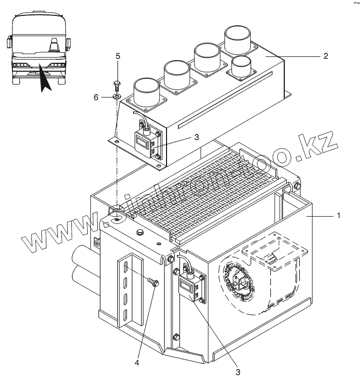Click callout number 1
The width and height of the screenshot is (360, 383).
click(339, 216)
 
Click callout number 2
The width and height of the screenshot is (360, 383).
click(325, 56)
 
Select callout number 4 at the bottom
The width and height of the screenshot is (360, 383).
click(138, 363)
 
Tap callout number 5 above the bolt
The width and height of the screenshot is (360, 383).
click(118, 56)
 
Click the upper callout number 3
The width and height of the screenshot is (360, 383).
click(197, 137)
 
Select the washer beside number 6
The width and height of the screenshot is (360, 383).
click(116, 96)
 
